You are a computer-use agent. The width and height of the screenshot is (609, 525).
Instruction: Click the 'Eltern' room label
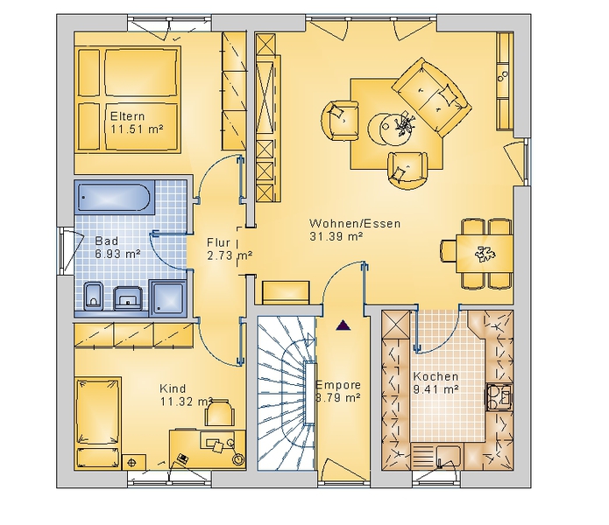127,116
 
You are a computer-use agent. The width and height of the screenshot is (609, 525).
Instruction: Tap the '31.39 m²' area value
336,236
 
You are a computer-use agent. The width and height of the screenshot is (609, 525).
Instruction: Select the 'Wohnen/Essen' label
355,223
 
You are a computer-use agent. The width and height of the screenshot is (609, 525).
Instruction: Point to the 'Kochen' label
436,376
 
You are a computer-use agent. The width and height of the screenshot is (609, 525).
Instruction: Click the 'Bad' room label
106,241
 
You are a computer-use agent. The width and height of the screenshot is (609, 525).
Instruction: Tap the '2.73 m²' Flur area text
230,255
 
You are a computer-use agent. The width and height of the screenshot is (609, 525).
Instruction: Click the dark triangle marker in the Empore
343,325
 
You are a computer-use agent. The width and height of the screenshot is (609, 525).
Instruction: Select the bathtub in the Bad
113,197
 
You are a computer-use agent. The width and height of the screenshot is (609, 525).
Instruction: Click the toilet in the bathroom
93,296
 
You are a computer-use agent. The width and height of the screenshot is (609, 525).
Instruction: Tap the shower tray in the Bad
169,297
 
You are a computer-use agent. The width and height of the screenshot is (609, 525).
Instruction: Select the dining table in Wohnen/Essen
485,254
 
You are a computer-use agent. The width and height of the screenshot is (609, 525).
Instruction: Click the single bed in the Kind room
97,423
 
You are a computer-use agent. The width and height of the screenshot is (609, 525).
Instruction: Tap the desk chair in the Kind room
219,414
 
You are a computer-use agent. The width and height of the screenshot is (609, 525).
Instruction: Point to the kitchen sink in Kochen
449,457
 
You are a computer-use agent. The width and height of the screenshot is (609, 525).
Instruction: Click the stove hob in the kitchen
499,397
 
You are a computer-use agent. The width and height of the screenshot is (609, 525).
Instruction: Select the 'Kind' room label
173,388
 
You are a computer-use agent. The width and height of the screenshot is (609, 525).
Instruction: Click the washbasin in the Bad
128,298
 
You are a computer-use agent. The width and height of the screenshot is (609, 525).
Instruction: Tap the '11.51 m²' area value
137,129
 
